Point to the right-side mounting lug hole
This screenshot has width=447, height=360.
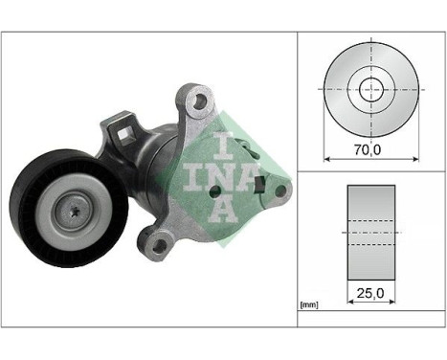(x=281, y=191)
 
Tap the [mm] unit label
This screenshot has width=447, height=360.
(x=309, y=304)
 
